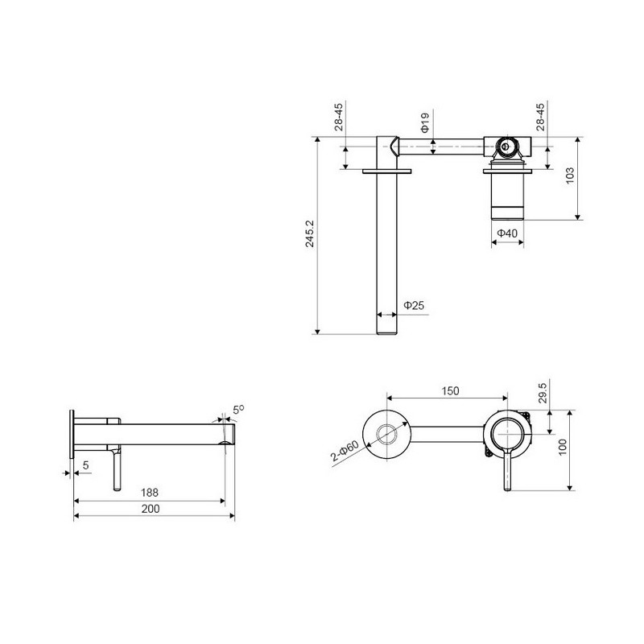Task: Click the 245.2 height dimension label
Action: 310,233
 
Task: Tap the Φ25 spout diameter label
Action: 414,305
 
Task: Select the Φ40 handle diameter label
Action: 507,233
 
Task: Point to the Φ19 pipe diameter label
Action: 425,123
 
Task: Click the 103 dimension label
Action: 570,175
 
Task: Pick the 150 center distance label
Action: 450,390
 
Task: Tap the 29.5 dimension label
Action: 543,393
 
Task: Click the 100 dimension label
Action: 562,447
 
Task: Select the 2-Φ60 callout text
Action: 345,451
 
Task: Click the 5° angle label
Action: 238,410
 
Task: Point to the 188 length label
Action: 150,492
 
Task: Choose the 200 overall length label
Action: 151,509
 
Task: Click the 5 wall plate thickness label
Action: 85,465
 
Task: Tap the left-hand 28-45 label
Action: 338,117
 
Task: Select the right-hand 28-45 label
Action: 540,117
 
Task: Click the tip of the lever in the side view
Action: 117,489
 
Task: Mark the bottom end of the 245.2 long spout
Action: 387,333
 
